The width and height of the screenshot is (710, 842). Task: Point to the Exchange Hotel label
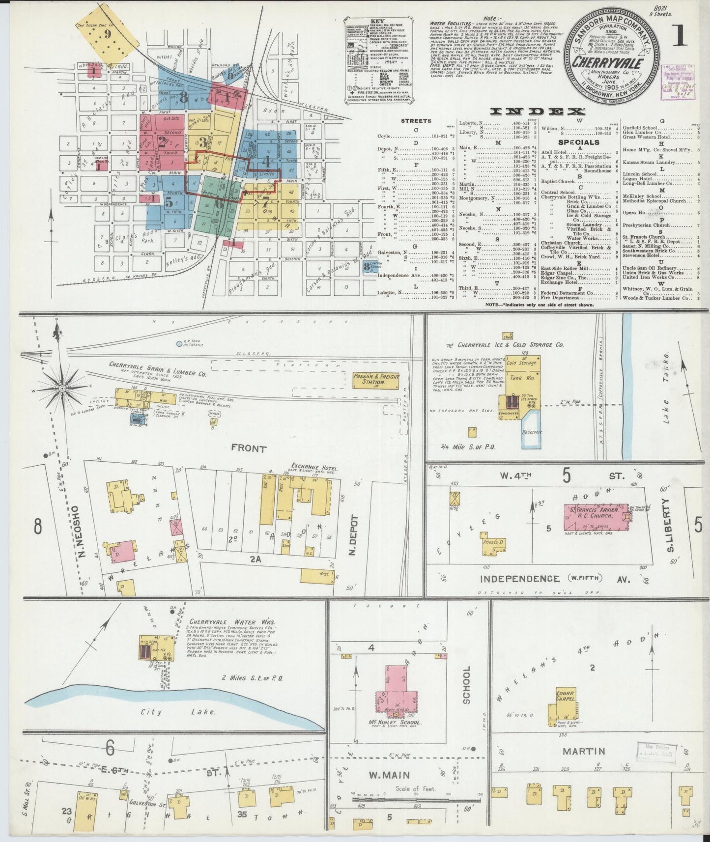314,465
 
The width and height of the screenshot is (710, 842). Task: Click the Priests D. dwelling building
494,543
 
